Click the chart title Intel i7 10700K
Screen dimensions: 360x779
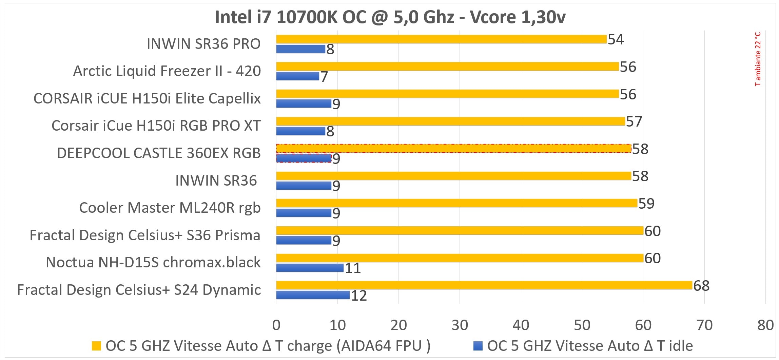point(390,17)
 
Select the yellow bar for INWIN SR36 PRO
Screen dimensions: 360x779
point(441,39)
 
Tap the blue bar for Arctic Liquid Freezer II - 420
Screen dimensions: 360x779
point(297,76)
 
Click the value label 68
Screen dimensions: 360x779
point(701,286)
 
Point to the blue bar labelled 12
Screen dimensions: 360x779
point(313,295)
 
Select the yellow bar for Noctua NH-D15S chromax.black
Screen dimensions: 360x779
point(460,258)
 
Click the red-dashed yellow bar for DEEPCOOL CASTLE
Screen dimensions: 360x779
point(453,148)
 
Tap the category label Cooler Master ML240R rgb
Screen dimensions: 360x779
point(170,208)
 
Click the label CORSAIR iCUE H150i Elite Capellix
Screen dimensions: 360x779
point(147,98)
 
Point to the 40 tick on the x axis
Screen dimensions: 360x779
point(521,325)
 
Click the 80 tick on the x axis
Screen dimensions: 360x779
point(765,325)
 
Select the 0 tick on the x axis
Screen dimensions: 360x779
point(276,325)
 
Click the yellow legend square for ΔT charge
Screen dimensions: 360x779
point(96,346)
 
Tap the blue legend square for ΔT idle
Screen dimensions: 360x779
point(478,346)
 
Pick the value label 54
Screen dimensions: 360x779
point(616,39)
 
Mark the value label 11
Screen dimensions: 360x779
point(352,268)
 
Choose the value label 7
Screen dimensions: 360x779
point(324,77)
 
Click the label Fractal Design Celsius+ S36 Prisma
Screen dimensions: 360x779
point(145,235)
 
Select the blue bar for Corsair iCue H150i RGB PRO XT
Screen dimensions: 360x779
point(300,131)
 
